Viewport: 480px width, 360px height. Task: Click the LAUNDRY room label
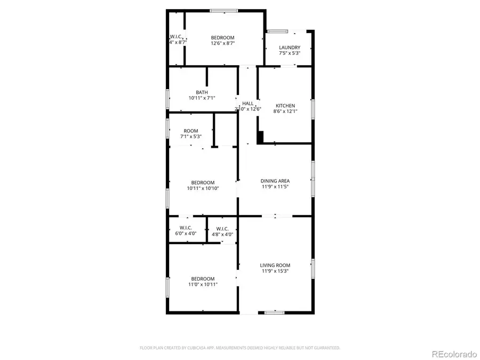click(x=290, y=47)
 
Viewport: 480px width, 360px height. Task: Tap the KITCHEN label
click(x=285, y=106)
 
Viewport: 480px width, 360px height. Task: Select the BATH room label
click(x=202, y=92)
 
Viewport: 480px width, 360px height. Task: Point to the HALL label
click(x=248, y=103)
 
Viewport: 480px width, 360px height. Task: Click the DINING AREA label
click(x=275, y=181)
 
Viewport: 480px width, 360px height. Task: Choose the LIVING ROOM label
click(x=275, y=265)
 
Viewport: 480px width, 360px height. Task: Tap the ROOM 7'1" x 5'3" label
click(x=191, y=131)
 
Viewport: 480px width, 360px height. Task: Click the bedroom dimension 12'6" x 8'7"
click(x=223, y=44)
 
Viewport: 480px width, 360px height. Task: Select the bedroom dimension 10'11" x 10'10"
click(x=203, y=188)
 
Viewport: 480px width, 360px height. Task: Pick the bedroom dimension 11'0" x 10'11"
click(x=203, y=285)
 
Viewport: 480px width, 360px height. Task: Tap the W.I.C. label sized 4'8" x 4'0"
click(x=222, y=228)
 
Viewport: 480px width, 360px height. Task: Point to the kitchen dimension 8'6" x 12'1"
click(x=285, y=111)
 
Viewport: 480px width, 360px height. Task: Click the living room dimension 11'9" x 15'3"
click(x=275, y=271)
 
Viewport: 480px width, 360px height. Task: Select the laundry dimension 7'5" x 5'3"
click(x=290, y=53)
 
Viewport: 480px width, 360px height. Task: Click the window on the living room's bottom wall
click(x=275, y=313)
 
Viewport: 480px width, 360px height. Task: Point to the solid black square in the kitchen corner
click(x=260, y=138)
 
